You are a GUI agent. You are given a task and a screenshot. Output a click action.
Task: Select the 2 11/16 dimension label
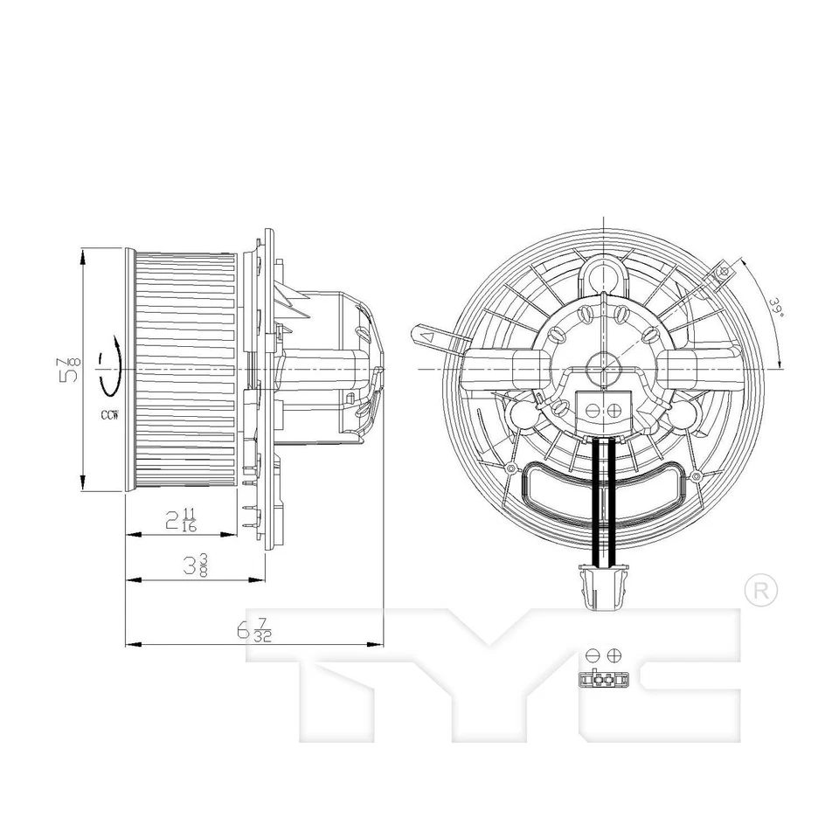click(x=181, y=519)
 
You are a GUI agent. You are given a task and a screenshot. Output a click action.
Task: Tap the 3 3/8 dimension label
click(x=195, y=565)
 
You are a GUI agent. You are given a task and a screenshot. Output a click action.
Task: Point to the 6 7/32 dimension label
click(x=254, y=629)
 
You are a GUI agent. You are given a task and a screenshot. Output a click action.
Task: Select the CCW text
click(x=109, y=414)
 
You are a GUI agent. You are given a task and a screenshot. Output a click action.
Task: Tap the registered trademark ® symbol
click(x=761, y=590)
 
